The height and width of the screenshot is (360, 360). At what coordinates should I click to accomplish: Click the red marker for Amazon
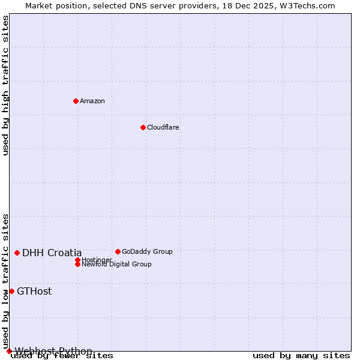pyautogui.click(x=76, y=101)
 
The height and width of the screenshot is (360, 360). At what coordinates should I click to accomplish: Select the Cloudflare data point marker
pyautogui.click(x=143, y=127)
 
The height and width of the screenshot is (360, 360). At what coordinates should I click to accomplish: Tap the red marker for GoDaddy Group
pyautogui.click(x=118, y=251)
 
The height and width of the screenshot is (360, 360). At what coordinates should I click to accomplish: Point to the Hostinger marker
pyautogui.click(x=77, y=260)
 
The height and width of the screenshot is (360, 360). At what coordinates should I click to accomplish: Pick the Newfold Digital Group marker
pyautogui.click(x=77, y=264)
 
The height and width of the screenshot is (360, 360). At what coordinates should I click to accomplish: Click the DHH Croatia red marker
pyautogui.click(x=17, y=253)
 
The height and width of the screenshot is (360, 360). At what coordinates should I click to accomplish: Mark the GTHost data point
pyautogui.click(x=11, y=291)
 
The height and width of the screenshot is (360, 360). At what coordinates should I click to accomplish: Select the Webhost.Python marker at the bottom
pyautogui.click(x=9, y=351)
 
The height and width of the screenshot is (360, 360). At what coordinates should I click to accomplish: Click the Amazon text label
pyautogui.click(x=92, y=101)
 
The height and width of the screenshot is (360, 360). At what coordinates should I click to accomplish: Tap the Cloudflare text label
pyautogui.click(x=163, y=127)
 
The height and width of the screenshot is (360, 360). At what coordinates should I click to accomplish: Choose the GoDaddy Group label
pyautogui.click(x=147, y=251)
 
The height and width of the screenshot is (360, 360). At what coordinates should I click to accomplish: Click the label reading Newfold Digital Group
pyautogui.click(x=117, y=265)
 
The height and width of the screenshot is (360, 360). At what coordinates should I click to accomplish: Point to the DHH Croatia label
pyautogui.click(x=52, y=253)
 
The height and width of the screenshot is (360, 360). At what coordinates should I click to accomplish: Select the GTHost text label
pyautogui.click(x=34, y=292)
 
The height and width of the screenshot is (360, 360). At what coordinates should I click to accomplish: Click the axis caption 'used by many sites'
pyautogui.click(x=301, y=356)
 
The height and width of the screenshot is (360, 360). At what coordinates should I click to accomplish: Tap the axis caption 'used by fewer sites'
pyautogui.click(x=62, y=356)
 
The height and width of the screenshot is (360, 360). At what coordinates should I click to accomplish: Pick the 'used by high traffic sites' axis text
pyautogui.click(x=6, y=85)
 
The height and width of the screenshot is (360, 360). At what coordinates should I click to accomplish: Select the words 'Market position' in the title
pyautogui.click(x=54, y=5)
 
